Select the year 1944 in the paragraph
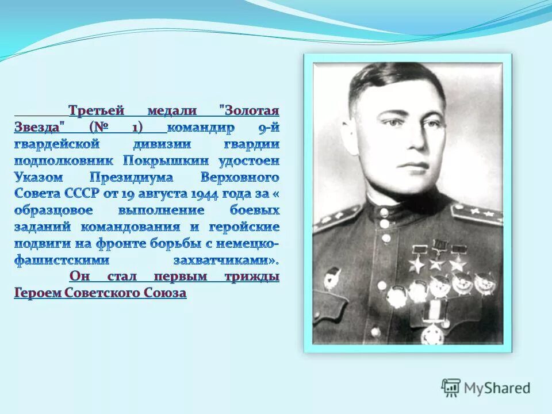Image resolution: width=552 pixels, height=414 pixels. tap(202, 194)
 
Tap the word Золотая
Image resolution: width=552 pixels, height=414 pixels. tap(252, 110)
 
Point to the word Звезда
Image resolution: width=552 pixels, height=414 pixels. tap(39, 127)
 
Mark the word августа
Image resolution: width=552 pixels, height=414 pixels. tap(159, 194)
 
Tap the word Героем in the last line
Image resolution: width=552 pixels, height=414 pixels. tap(36, 293)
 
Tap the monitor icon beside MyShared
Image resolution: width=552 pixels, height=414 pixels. tap(451, 388)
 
